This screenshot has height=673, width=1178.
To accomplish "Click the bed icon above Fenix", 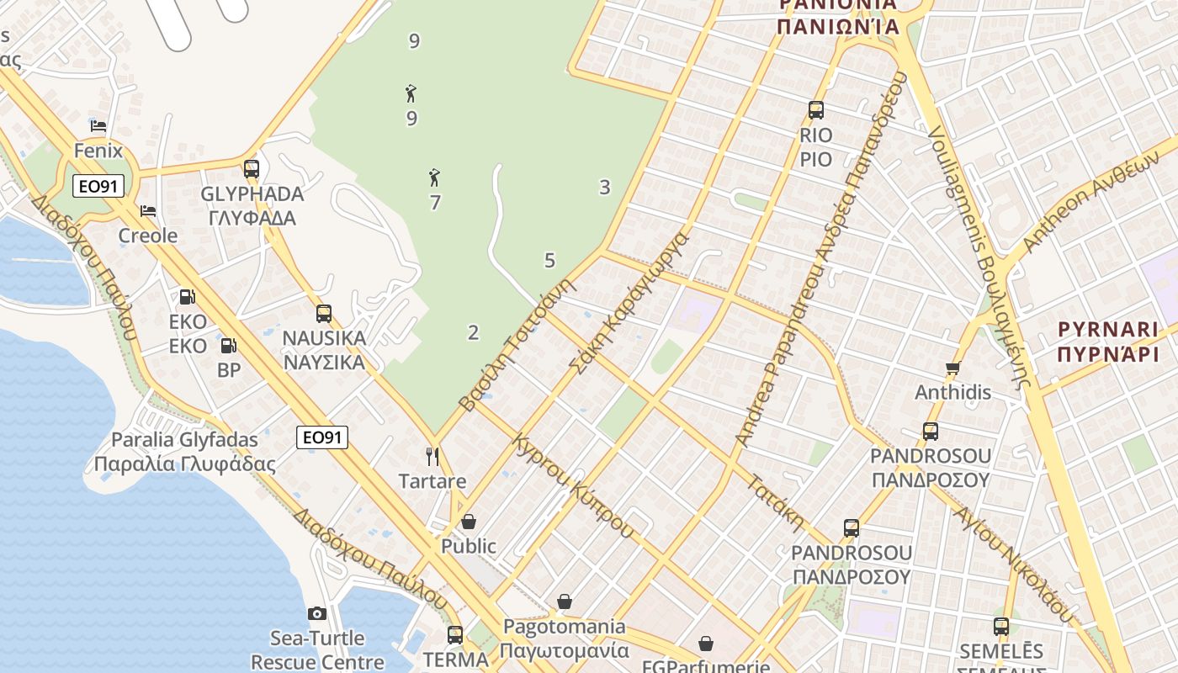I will pyautogui.click(x=98, y=126).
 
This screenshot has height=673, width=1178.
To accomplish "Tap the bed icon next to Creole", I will pyautogui.click(x=148, y=210).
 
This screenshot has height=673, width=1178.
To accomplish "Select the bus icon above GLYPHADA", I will pyautogui.click(x=252, y=169).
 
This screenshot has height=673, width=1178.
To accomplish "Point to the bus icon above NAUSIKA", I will pyautogui.click(x=324, y=314).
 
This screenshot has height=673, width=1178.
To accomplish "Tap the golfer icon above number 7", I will pyautogui.click(x=434, y=178).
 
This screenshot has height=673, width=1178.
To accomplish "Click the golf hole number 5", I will pyautogui.click(x=549, y=261).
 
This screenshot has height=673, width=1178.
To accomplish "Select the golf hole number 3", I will pyautogui.click(x=604, y=188).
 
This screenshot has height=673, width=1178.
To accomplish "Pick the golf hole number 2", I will pyautogui.click(x=473, y=332).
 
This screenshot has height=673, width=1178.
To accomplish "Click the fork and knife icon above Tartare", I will pyautogui.click(x=432, y=457).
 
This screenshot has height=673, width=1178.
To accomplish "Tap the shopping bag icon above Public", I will pyautogui.click(x=469, y=522).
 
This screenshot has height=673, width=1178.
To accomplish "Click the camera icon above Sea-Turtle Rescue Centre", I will pyautogui.click(x=317, y=613).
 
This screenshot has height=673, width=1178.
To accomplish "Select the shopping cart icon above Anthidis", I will pyautogui.click(x=952, y=368).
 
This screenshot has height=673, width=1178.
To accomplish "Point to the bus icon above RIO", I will pyautogui.click(x=815, y=110).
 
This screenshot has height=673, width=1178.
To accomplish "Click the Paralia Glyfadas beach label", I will pyautogui.click(x=184, y=452).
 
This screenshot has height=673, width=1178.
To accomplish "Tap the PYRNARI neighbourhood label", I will pyautogui.click(x=1107, y=341).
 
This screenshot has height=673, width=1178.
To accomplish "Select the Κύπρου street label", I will pyautogui.click(x=601, y=509).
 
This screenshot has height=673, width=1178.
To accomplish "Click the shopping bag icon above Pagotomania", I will pyautogui.click(x=565, y=601).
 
